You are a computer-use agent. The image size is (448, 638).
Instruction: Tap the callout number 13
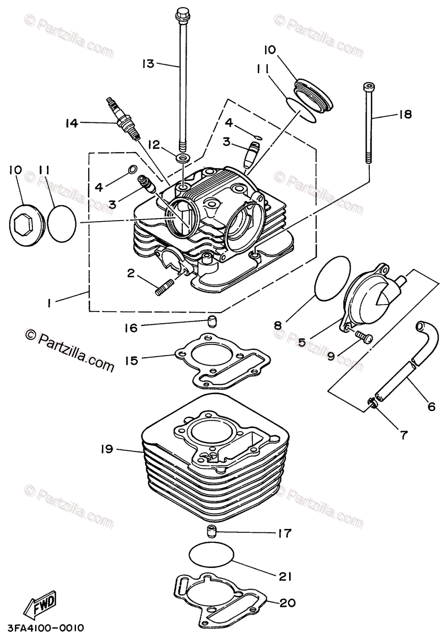[x=148, y=64]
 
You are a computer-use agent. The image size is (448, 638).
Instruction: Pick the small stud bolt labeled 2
[x=164, y=287]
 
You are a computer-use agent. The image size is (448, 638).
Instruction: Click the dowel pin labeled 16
[x=213, y=321]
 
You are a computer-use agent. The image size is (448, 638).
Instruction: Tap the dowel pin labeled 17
[x=213, y=531]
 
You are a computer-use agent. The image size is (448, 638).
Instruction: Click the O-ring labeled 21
[x=212, y=555]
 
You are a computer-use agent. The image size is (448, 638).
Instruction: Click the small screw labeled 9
[x=363, y=337]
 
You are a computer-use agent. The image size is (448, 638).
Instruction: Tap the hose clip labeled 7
[x=374, y=406]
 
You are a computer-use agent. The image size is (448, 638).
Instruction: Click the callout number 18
[x=405, y=114]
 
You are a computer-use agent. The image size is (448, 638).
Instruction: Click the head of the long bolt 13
[x=183, y=13]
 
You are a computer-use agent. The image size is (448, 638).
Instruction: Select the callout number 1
[x=48, y=303]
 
